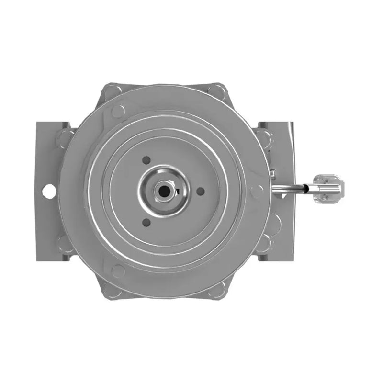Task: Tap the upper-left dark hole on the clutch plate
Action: (x=146, y=160)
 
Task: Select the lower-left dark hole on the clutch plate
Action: (x=146, y=222)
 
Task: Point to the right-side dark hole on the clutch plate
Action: (x=201, y=191)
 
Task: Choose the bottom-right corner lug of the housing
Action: (x=218, y=290)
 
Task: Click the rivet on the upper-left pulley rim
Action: (x=118, y=111)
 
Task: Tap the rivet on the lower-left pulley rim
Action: (x=118, y=270)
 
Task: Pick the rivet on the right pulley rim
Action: (x=257, y=191)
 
